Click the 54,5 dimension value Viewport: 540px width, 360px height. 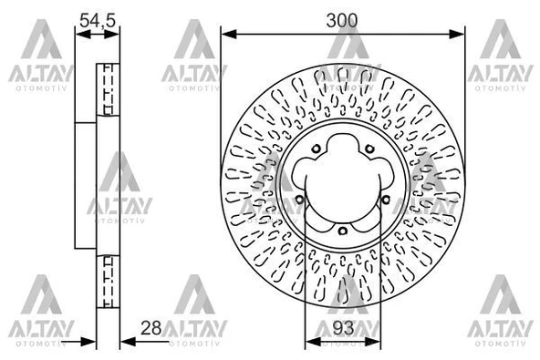(98, 20)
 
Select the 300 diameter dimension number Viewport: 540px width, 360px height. (342, 21)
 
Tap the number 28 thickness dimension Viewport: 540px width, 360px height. (151, 328)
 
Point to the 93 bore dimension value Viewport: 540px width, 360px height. (343, 328)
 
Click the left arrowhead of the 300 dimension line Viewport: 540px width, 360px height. (229, 34)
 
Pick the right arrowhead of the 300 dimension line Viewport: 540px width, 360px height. (457, 34)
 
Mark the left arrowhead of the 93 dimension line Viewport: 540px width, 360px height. (314, 342)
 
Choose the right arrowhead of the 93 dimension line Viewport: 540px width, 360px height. (373, 342)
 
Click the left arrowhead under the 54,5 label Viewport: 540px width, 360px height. (83, 34)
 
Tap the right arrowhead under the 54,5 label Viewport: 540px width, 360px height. (111, 34)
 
